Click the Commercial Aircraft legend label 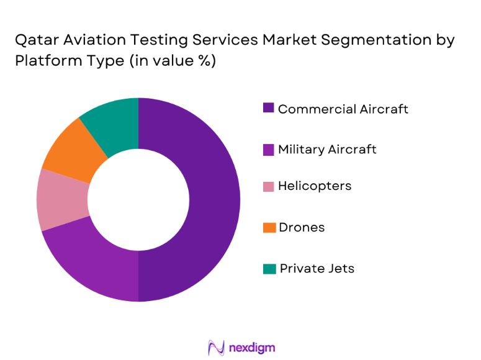tap(343, 109)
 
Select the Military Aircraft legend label tap(327, 150)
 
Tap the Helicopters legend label tap(315, 186)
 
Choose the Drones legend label tap(301, 228)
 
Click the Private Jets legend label tap(317, 268)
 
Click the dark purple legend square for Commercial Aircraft tap(268, 108)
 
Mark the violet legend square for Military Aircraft tap(268, 149)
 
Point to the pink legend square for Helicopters tap(268, 186)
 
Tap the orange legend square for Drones tap(268, 228)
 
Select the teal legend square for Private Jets tap(268, 268)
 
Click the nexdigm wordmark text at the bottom tap(251, 347)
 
